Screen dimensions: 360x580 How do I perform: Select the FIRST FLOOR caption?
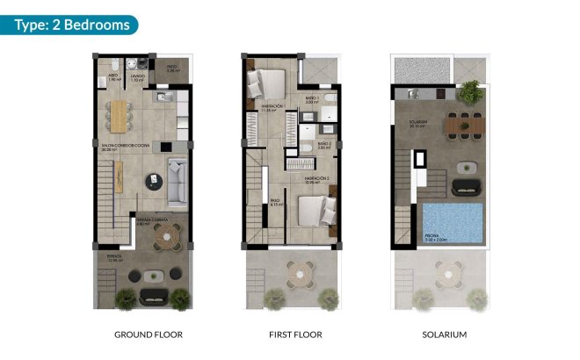(x=295, y=335)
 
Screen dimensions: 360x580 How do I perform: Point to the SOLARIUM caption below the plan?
(x=444, y=335)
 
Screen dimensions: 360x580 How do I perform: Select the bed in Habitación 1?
(x=265, y=85)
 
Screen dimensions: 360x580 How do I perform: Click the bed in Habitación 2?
(x=311, y=211)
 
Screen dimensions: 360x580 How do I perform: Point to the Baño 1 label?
(x=311, y=98)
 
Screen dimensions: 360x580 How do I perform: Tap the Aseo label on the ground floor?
(x=112, y=77)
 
